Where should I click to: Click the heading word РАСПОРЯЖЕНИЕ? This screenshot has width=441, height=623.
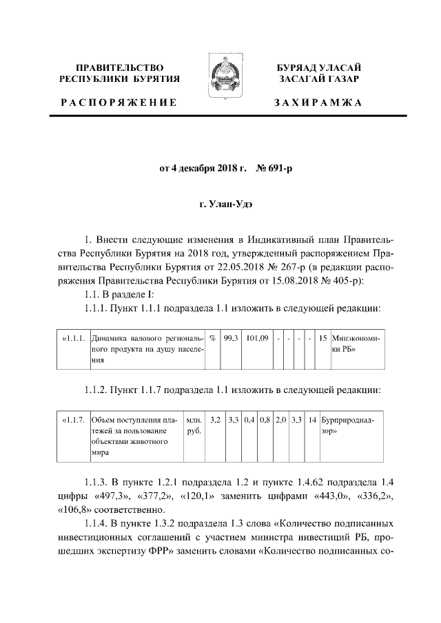coord(119,103)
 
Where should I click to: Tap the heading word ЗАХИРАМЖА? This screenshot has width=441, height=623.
coord(318,103)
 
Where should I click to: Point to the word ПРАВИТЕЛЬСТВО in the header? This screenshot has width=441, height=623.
coord(119,67)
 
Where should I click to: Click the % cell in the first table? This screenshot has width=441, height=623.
coord(213,339)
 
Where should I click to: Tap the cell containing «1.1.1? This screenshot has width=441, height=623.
coord(73,339)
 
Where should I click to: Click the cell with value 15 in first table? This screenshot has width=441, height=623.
coord(323,339)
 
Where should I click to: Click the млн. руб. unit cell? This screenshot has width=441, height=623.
coord(194,425)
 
